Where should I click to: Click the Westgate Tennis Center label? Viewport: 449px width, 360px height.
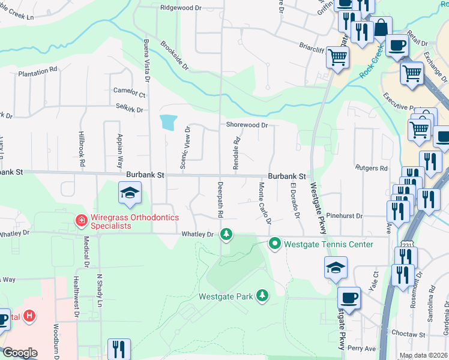(328, 244)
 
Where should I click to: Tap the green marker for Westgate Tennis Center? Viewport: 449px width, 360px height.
(275, 244)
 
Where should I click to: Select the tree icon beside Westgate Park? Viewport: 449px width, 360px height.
(262, 295)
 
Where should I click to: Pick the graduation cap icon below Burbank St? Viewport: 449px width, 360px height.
(129, 193)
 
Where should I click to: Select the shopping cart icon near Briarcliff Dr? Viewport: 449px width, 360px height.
(338, 58)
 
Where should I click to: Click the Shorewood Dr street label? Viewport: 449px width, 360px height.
(246, 125)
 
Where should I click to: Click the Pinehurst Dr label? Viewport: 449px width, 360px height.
(345, 215)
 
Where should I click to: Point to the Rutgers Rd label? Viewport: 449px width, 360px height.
(372, 169)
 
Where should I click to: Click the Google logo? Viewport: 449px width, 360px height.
(20, 353)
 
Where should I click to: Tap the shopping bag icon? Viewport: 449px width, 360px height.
(381, 28)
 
